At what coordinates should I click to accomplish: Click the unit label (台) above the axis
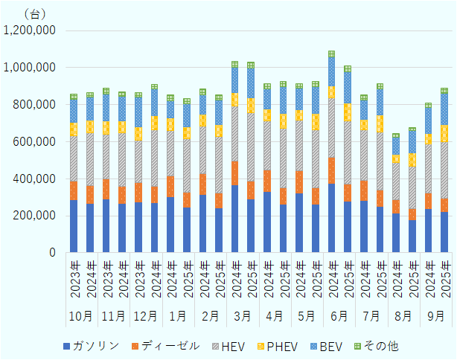pyautogui.click(x=35, y=13)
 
